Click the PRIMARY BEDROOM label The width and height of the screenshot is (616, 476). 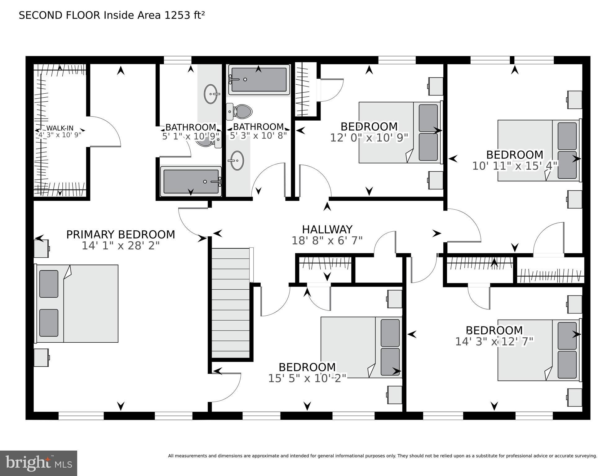(121, 235)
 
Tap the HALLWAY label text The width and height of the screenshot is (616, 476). (327, 229)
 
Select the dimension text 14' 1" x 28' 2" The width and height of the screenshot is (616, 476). (121, 246)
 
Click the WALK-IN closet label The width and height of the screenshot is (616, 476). (60, 128)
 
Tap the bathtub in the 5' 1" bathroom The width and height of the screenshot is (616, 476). (191, 181)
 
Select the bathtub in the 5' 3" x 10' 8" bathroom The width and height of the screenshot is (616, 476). (259, 80)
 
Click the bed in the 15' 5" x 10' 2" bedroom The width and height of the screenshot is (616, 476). (361, 347)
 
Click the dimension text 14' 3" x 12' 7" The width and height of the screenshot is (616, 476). (494, 341)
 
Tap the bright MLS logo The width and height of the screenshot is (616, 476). (38, 463)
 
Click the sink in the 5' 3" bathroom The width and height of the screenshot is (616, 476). (237, 160)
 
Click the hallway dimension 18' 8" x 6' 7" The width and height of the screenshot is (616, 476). (327, 241)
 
